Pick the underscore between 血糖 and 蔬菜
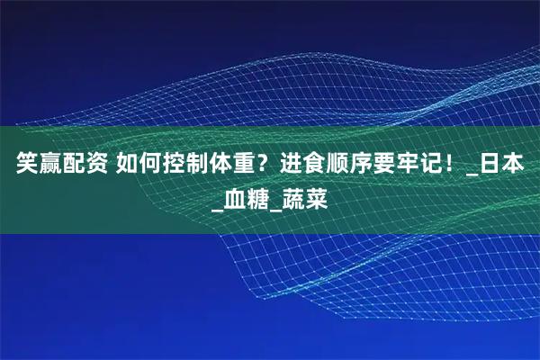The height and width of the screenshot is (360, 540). click(x=275, y=203)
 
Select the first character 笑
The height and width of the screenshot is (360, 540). click(x=22, y=166)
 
